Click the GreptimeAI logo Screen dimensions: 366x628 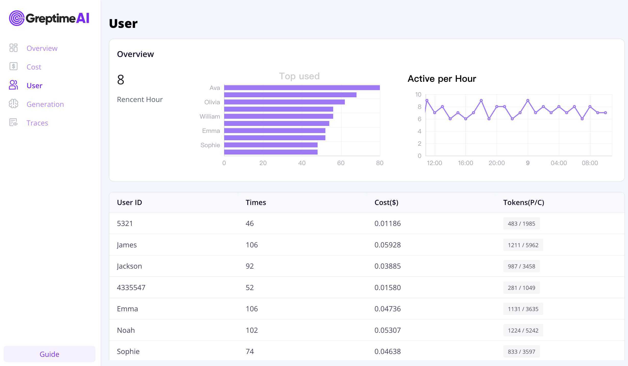[x=49, y=18]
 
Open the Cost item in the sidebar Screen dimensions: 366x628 [x=34, y=67]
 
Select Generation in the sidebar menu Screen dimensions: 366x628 [x=45, y=104]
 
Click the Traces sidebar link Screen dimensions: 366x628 [x=37, y=123]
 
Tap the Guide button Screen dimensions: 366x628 [x=49, y=354]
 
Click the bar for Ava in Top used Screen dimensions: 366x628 [x=302, y=88]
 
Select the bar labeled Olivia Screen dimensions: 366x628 [x=284, y=102]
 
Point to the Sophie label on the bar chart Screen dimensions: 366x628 [x=210, y=145]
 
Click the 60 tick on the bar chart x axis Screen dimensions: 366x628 [x=341, y=163]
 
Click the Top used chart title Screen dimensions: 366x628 [x=299, y=76]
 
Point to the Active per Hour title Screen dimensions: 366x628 [x=442, y=79]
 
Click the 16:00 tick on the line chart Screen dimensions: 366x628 [x=465, y=163]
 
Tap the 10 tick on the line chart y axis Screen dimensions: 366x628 [x=418, y=95]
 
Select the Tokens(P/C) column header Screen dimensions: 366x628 [x=524, y=202]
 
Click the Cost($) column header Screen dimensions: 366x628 [x=386, y=202]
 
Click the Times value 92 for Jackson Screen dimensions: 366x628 [x=250, y=266]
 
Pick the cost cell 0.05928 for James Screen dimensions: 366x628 [x=388, y=245]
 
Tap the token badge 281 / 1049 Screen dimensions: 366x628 [x=521, y=288]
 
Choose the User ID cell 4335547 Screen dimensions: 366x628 [x=131, y=288]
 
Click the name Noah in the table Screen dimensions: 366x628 [x=126, y=330]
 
